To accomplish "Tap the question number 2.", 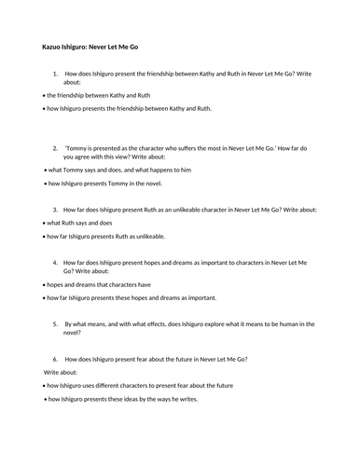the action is [x=55, y=147].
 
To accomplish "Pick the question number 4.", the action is [x=55, y=263].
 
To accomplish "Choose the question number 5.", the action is [x=55, y=323].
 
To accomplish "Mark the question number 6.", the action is [x=55, y=359].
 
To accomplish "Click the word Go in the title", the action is [x=145, y=47].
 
